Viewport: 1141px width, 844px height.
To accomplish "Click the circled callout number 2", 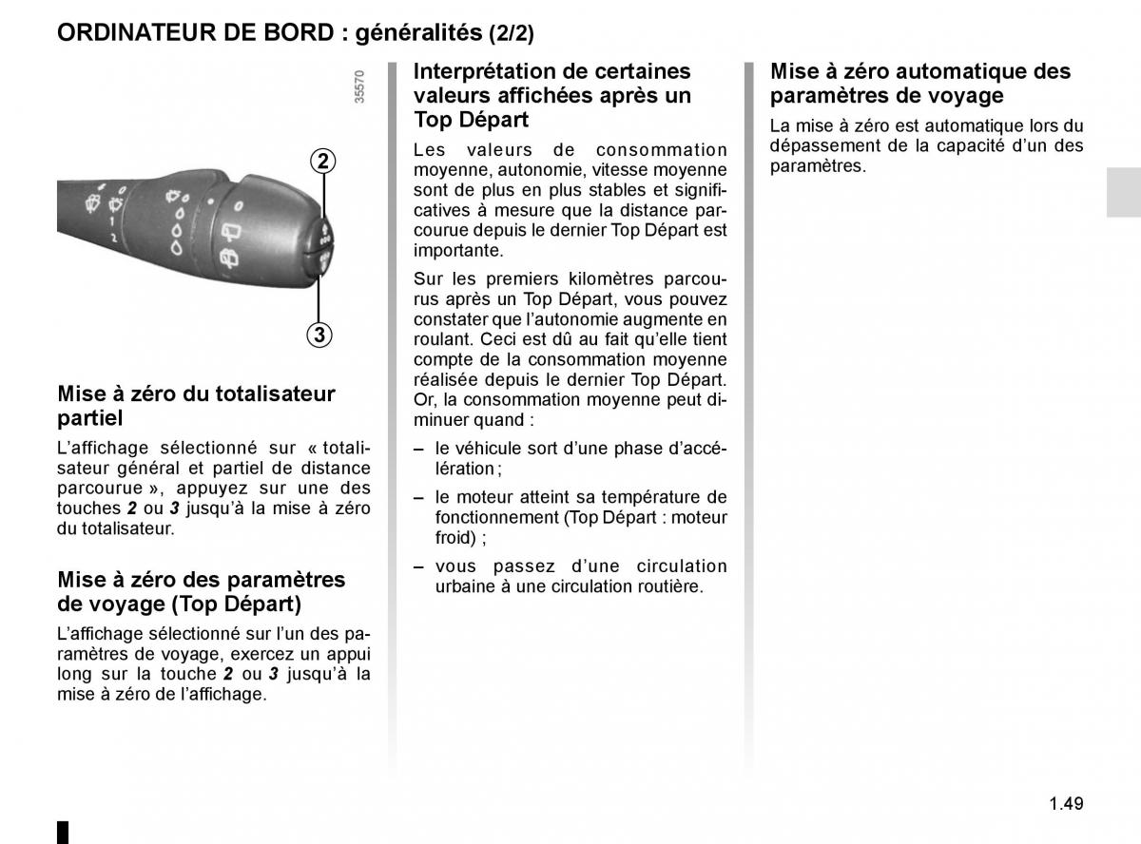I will point(323,161).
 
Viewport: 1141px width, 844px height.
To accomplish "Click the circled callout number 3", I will point(319,335).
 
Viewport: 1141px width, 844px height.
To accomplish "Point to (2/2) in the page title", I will point(512,34).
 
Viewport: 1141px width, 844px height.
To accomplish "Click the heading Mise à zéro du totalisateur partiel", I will point(195,405).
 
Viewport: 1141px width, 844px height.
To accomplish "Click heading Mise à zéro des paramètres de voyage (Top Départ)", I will point(201,591).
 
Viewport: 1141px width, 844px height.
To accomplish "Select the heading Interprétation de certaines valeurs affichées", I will point(551,95).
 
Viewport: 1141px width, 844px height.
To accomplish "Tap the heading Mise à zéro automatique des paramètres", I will point(919,83).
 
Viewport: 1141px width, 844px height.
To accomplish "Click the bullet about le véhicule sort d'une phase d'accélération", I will point(570,458).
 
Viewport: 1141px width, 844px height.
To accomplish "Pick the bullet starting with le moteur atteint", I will point(580,517).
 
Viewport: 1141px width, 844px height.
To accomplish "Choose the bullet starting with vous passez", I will point(580,576).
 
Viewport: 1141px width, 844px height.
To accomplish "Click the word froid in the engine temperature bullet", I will point(454,538).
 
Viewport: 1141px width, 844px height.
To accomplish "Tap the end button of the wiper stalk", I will point(321,245).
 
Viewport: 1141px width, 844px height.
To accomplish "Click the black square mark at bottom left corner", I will point(63,831).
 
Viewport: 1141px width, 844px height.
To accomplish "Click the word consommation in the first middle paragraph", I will point(661,149).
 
